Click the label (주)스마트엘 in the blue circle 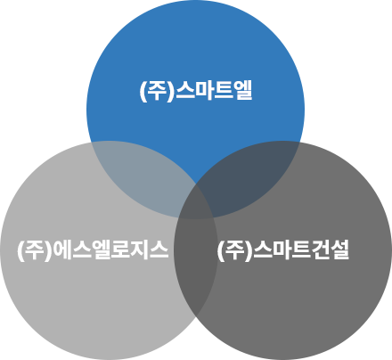pos(196,91)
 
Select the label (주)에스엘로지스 pos(93,250)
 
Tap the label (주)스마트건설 pos(283,250)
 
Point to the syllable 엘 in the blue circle pos(243,90)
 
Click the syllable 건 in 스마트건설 pos(321,250)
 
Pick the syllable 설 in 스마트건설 pos(339,250)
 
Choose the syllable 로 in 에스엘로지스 pos(120,250)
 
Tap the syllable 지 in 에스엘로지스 pos(139,250)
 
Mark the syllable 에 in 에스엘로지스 pos(62,250)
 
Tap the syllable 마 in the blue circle pos(204,90)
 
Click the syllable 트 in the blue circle pos(224,91)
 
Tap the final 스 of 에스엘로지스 pos(159,250)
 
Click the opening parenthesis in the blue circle pos(143,91)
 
